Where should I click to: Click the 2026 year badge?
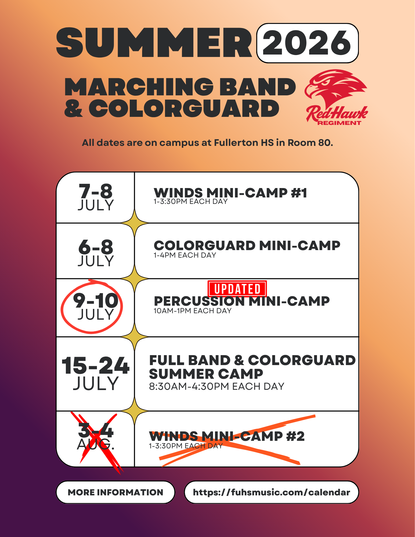[x=307, y=43]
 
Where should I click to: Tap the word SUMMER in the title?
[x=154, y=43]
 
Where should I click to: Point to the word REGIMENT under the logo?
[x=339, y=123]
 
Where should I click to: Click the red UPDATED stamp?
[x=237, y=289]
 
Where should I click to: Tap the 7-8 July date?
[x=96, y=197]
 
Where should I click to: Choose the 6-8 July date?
[x=96, y=253]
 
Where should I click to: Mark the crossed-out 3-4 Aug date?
[x=96, y=436]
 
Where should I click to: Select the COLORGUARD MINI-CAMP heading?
[x=247, y=246]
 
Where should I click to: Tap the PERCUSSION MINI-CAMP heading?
[x=241, y=301]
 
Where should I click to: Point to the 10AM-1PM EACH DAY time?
[x=192, y=311]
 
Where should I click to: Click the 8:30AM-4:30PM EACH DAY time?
[x=216, y=386]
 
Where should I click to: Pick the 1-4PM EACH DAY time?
[x=185, y=255]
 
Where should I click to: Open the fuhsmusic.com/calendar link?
[x=272, y=492]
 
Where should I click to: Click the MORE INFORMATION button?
[x=116, y=492]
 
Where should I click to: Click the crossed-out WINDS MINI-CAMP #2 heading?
[x=227, y=436]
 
